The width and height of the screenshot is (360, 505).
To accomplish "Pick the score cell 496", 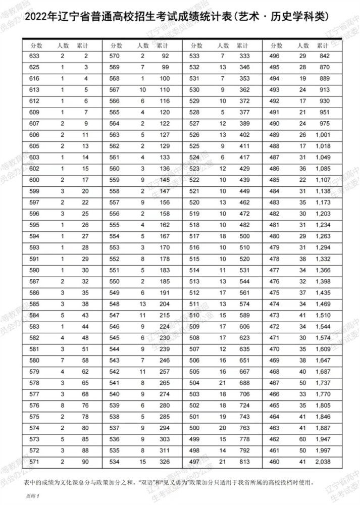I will click(275, 56).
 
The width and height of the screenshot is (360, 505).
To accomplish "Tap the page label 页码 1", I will click(32, 497).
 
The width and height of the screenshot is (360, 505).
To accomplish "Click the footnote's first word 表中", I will click(29, 483).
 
